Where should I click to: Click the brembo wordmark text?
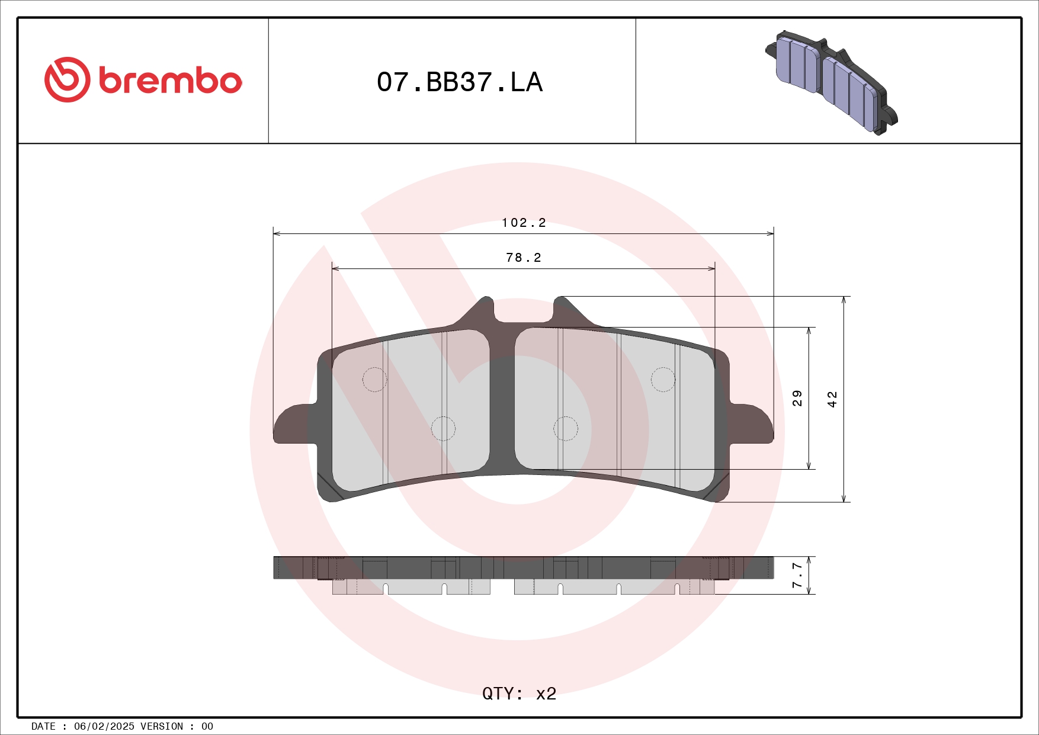point(171,81)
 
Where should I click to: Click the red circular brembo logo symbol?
point(67,80)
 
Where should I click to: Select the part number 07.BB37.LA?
point(460,82)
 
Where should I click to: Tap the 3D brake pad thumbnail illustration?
point(831,82)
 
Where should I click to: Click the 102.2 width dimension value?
point(524,223)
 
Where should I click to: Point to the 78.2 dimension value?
point(524,258)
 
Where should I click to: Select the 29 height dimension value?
point(797,398)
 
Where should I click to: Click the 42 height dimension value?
point(832,399)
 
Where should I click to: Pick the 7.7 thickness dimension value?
point(797,575)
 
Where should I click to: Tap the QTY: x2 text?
point(519,693)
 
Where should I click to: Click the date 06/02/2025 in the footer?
point(104,726)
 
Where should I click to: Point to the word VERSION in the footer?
point(162,726)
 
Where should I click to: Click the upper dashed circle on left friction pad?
point(374,380)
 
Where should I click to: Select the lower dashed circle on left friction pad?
point(443,429)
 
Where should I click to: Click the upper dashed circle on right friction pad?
point(663,380)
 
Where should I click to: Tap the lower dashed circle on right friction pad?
point(566,429)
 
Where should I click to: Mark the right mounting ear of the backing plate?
point(752,423)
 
